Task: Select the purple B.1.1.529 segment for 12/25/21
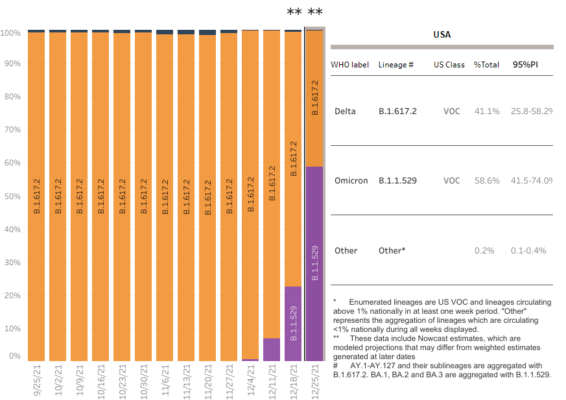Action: [314, 263]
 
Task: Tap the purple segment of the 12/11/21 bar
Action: [272, 349]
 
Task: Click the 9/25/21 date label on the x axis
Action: [36, 381]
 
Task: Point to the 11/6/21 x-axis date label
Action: [165, 381]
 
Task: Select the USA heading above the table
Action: [442, 34]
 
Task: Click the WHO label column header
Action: [349, 65]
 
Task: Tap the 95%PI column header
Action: [525, 65]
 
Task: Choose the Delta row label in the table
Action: [345, 111]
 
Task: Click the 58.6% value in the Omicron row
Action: [486, 180]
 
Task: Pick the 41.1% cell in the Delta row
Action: [486, 111]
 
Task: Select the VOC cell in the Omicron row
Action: [451, 180]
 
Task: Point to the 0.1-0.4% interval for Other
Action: [528, 250]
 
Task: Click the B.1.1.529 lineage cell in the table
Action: [397, 180]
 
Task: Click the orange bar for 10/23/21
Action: [122, 194]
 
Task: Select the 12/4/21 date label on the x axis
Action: [250, 381]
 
